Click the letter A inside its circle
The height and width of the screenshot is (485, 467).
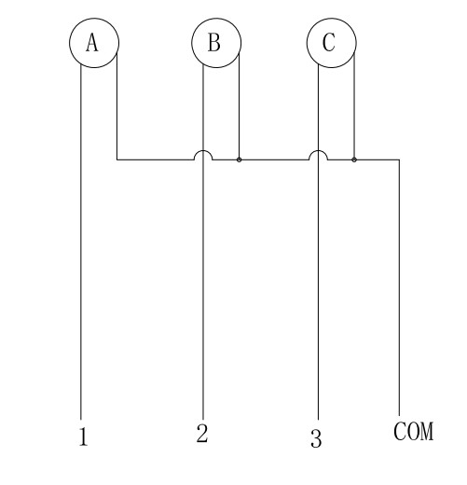click(92, 42)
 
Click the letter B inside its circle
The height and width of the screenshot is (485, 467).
click(214, 42)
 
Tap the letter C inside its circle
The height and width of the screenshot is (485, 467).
click(329, 42)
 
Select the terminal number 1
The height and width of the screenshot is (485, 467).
click(83, 436)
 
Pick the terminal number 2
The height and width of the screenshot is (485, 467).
click(202, 433)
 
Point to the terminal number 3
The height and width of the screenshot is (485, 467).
click(316, 438)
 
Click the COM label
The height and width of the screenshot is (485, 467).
click(413, 431)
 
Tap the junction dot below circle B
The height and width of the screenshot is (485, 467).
click(239, 159)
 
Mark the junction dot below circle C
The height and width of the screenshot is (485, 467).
click(354, 159)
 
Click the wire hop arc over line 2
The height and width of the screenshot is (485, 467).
click(203, 151)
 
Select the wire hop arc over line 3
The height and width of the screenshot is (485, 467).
click(318, 151)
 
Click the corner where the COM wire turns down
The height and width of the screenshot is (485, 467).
click(399, 159)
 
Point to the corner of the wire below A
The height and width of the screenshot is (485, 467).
click(117, 159)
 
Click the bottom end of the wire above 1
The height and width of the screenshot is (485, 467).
click(81, 420)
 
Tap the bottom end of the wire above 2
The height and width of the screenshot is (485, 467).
click(203, 420)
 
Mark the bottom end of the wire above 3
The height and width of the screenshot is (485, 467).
click(318, 420)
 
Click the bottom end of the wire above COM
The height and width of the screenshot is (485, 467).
click(399, 416)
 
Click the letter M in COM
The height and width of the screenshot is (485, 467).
click(427, 431)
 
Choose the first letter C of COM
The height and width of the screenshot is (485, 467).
click(400, 431)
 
